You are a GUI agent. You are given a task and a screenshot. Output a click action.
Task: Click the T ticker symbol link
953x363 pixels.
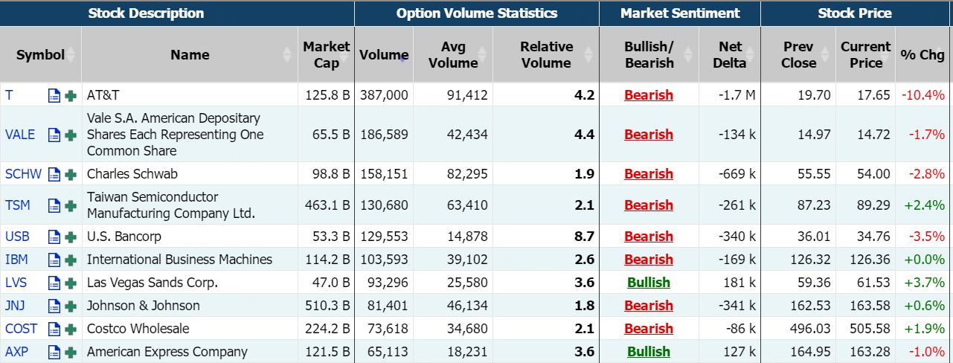[x=9, y=94]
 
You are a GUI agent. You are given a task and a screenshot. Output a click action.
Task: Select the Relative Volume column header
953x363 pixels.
[x=546, y=55]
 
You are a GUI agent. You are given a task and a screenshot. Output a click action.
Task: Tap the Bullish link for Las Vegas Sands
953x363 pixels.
[x=649, y=283]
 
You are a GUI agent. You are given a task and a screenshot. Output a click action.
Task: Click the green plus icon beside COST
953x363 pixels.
[x=71, y=329]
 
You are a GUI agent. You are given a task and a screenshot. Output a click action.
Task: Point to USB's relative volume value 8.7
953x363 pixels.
[x=585, y=237]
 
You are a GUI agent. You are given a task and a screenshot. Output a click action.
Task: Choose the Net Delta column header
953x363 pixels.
[x=729, y=55]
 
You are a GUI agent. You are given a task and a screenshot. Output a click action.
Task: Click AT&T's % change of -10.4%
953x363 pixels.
[x=922, y=94]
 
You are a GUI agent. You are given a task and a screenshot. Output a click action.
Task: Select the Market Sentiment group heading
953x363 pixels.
[x=680, y=13]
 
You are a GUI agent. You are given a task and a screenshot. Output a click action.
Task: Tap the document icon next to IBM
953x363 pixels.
[x=54, y=260]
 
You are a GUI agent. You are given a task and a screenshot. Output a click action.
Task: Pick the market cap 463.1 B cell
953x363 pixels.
[x=327, y=205]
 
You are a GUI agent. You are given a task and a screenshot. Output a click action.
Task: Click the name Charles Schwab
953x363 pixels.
[x=132, y=174]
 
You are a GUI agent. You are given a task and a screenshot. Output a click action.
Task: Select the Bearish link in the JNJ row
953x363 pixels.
[x=649, y=306]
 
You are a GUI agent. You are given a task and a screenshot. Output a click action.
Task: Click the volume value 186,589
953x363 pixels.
[x=384, y=135]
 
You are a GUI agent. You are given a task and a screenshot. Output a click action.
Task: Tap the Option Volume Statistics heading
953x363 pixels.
[x=477, y=13]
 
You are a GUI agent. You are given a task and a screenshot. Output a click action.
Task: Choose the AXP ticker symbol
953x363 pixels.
[x=16, y=352]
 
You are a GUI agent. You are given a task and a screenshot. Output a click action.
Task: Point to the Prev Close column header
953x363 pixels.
[x=798, y=55]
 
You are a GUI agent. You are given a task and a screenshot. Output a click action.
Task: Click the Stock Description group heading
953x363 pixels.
[x=146, y=13]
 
